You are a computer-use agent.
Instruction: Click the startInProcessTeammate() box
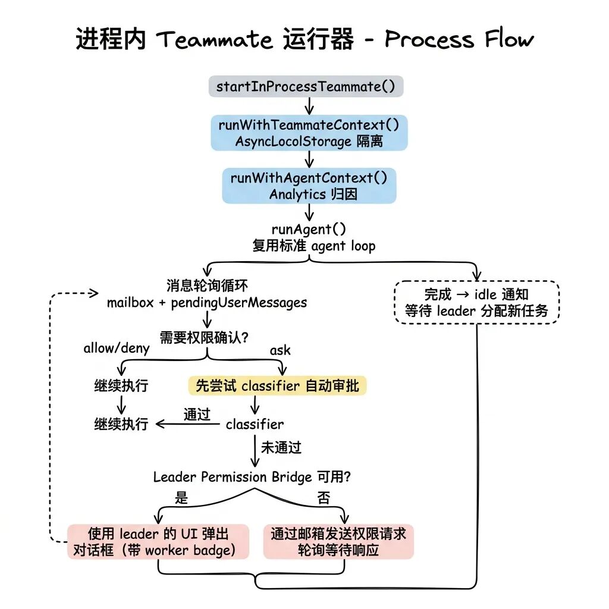point(306,87)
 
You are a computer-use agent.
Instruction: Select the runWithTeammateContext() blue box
point(309,133)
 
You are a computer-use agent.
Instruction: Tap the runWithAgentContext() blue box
point(309,186)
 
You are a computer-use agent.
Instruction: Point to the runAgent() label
point(309,230)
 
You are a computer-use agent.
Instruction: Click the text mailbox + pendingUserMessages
point(207,303)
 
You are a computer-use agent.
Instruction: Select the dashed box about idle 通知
point(476,302)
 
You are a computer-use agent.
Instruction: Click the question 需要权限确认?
point(204,337)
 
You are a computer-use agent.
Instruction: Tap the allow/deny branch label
point(117,348)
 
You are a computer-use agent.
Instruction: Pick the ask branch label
point(280,350)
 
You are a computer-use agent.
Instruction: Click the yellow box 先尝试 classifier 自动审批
point(277,386)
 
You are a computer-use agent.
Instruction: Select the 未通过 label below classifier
point(281,447)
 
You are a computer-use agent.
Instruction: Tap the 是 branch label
point(181,498)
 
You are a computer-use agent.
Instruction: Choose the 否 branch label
point(324,498)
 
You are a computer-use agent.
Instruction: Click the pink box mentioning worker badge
point(158,541)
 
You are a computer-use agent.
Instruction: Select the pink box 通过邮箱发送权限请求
point(338,541)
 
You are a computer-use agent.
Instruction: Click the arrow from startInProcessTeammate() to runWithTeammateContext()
point(309,106)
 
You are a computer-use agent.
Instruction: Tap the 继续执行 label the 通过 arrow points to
point(121,424)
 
